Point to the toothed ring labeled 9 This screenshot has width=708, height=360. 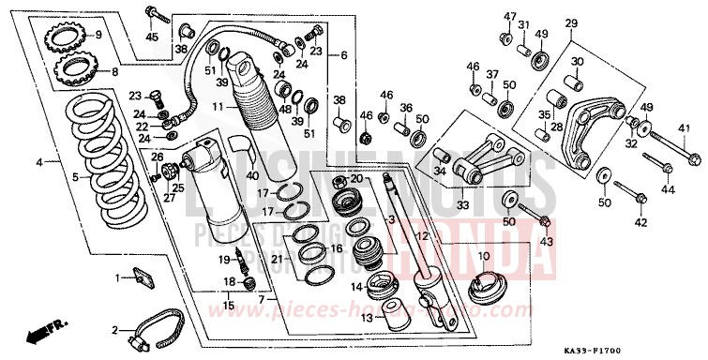[67, 39]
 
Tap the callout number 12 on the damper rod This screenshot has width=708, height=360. [422, 236]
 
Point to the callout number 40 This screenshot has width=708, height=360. [226, 175]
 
